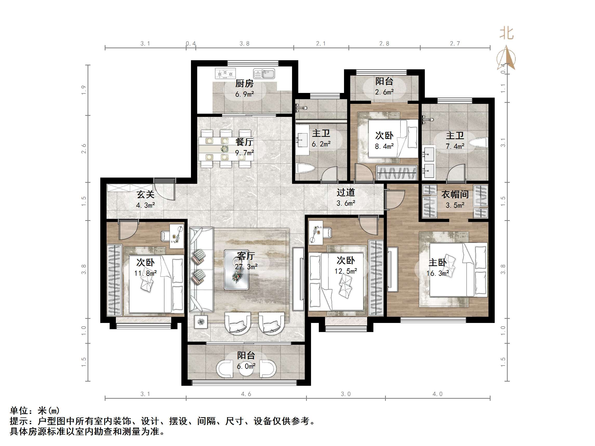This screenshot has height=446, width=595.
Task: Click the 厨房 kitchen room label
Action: click(244, 84)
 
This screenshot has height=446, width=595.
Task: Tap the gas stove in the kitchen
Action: click(225, 73)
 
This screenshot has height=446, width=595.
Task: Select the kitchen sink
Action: click(264, 73)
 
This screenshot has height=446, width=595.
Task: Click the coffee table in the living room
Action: click(236, 270)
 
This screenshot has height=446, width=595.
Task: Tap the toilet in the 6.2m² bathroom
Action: click(305, 168)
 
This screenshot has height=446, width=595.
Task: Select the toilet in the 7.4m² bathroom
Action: click(479, 143)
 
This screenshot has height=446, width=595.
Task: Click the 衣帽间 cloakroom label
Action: click(455, 194)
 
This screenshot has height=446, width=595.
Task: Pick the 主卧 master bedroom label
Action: click(437, 262)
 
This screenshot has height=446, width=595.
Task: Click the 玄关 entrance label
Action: click(145, 194)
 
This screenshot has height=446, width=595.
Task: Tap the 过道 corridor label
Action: click(346, 192)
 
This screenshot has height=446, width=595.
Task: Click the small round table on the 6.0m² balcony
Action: click(246, 369)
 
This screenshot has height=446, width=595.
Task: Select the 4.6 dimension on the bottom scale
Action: click(246, 394)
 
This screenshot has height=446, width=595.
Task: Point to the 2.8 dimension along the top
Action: click(384, 44)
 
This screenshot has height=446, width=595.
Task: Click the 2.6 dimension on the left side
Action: click(84, 149)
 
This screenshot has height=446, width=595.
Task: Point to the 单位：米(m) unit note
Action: click(35, 410)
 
